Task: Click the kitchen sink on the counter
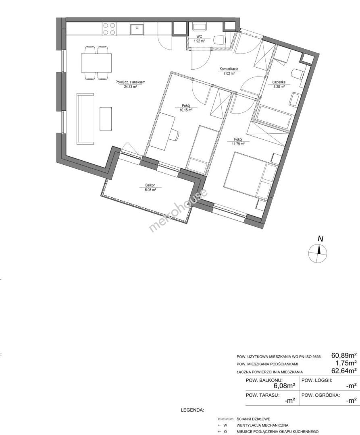coord(137,29)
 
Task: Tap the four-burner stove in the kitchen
coord(109,29)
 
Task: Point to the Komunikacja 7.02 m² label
coord(229,71)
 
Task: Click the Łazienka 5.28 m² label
coord(279,84)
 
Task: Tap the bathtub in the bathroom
coord(274,118)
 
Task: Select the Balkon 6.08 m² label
coord(150,188)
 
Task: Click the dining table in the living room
coord(96,62)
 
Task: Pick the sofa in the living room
coord(85,119)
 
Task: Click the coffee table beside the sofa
coord(106,118)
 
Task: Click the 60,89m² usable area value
coord(344,355)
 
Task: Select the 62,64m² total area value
coord(344,371)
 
